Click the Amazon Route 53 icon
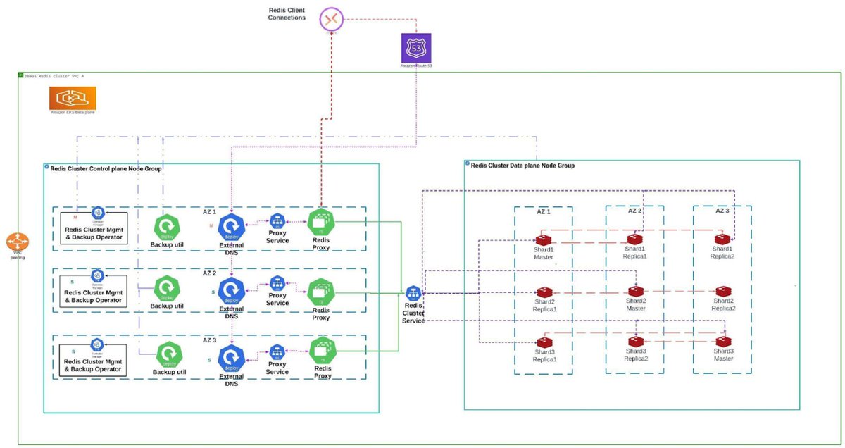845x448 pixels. (416, 48)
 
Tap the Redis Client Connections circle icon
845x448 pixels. (330, 18)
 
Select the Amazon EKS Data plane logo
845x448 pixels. (73, 98)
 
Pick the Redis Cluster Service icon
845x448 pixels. (413, 293)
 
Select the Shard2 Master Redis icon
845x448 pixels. (636, 291)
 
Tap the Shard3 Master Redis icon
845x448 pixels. (723, 341)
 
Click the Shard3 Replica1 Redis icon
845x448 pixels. (544, 341)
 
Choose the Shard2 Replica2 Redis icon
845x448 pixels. (723, 291)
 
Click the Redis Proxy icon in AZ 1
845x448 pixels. (321, 222)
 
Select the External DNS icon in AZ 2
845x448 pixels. (231, 290)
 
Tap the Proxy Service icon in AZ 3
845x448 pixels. (277, 351)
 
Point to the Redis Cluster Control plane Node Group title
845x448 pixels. (106, 169)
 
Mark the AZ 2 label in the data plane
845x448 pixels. (634, 211)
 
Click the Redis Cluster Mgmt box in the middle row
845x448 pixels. (93, 297)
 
